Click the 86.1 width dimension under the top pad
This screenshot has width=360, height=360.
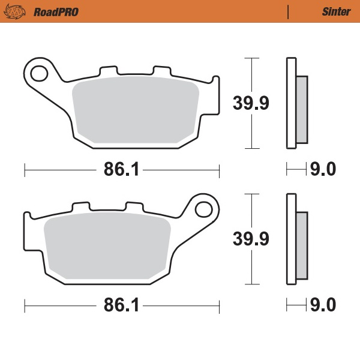122,170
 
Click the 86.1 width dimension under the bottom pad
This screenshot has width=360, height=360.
122,306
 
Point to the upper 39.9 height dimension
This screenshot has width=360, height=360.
251,103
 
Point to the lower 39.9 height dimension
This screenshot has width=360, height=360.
251,238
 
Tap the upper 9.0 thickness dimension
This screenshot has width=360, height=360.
322,170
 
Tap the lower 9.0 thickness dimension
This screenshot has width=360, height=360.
322,306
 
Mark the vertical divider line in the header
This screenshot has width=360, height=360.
289,11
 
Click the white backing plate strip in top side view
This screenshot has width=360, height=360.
292,103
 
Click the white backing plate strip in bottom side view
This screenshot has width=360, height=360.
292,239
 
